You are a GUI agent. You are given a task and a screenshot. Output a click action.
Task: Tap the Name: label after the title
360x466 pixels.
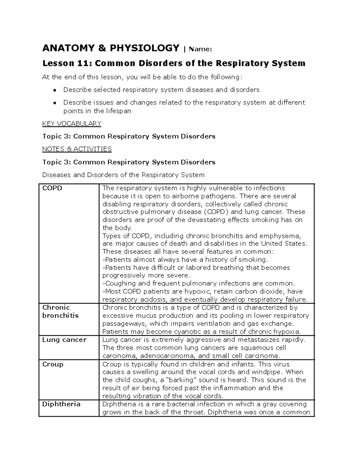tap(200, 49)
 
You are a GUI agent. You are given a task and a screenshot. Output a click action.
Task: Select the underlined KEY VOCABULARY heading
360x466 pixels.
tap(72, 124)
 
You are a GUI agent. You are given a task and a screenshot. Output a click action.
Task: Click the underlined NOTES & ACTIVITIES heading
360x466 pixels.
tap(77, 149)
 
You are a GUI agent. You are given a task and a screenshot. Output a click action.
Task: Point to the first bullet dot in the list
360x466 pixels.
tap(55, 90)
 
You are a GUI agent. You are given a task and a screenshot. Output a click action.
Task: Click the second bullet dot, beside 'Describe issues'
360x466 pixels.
tap(55, 103)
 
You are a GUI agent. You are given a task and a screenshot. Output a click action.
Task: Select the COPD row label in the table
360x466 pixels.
tap(52, 188)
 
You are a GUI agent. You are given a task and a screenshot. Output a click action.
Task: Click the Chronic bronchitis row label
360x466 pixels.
tap(60, 311)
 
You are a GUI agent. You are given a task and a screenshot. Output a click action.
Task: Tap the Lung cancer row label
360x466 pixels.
tap(64, 340)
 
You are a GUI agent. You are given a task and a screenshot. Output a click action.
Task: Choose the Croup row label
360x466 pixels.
tap(53, 364)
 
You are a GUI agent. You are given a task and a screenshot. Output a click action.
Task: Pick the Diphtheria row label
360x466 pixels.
tap(61, 404)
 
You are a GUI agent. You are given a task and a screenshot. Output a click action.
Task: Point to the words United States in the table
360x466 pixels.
tap(283, 244)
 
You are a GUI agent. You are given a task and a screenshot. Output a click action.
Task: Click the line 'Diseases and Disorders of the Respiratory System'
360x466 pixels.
tap(123, 175)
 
